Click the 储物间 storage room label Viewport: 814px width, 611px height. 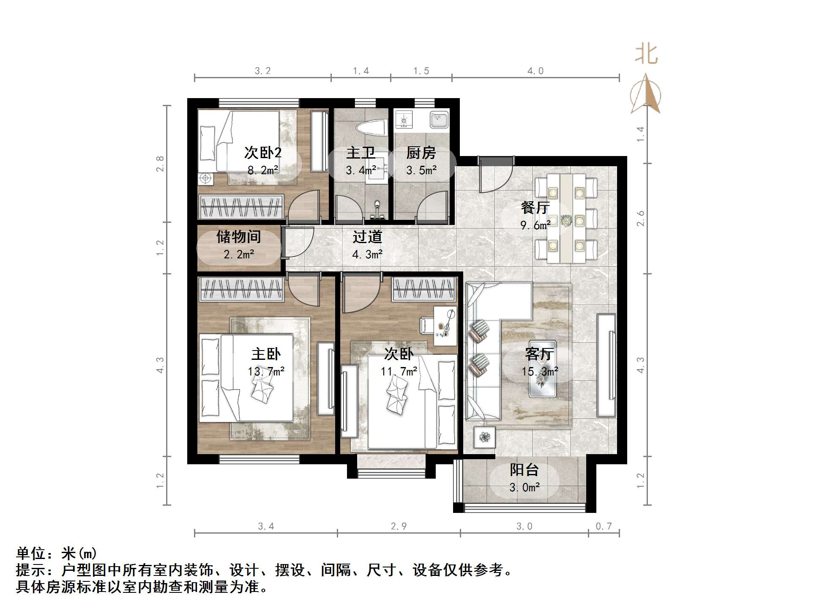238,237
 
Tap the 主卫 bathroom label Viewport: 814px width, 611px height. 361,153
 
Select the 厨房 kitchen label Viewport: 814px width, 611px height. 421,153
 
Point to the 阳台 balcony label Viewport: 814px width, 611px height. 524,470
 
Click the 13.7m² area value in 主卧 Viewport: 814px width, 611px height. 266,372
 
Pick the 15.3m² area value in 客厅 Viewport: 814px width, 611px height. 540,372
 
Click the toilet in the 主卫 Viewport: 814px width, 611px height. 371,127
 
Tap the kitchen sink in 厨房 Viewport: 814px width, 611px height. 439,119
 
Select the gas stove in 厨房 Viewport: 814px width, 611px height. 404,120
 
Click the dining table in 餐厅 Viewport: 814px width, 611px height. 566,219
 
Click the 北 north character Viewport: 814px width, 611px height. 646,54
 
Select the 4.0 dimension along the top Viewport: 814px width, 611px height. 535,71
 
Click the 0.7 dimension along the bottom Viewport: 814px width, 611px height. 604,526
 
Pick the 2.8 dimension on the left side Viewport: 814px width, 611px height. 160,164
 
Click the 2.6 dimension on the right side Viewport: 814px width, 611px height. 641,218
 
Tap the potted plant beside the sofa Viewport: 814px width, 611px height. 484,437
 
